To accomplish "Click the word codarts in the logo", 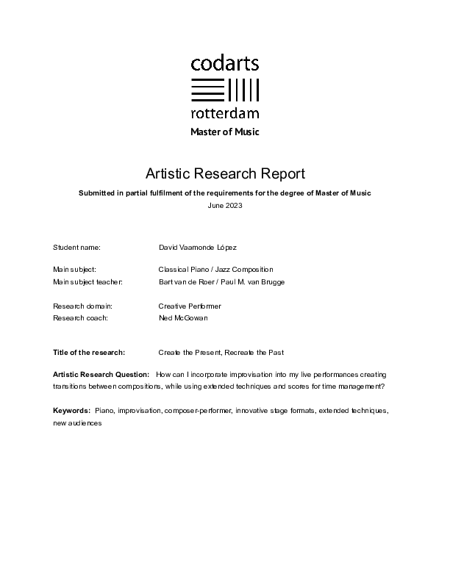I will pos(225,64).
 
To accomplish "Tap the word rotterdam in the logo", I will pos(225,113).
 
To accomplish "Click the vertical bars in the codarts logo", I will pos(244,89).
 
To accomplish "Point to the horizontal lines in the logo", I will pos(207,89).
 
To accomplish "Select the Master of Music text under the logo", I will pos(225,132).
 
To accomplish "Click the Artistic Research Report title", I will pos(225,173).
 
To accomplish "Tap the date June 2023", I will pos(225,205).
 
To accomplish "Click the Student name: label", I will pos(76,248).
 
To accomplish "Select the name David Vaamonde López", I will pos(198,248).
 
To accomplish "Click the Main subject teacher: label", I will pos(87,282).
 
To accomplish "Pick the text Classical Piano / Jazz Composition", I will pos(215,270).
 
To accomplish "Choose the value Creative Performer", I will pos(190,306).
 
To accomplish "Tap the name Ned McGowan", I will pos(183,317).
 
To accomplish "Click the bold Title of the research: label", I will pos(89,353).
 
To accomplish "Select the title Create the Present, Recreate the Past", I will pos(221,353).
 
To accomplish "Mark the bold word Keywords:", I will pos(71,409).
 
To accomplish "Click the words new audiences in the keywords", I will pos(76,422).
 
